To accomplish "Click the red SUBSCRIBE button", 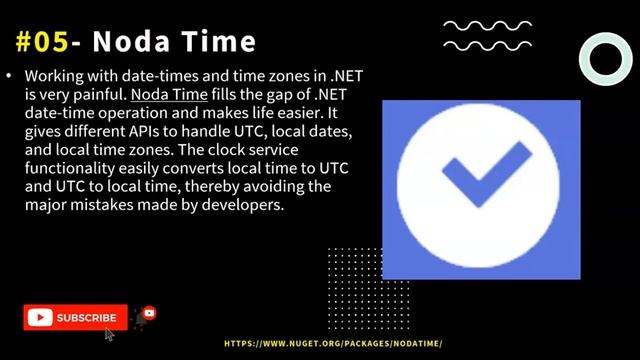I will coord(76,318).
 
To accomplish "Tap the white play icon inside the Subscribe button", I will coord(40,318).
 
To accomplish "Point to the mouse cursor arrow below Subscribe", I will coord(109,333).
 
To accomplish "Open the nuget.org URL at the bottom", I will coord(333,343).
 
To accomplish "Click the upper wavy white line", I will coord(488,26).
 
